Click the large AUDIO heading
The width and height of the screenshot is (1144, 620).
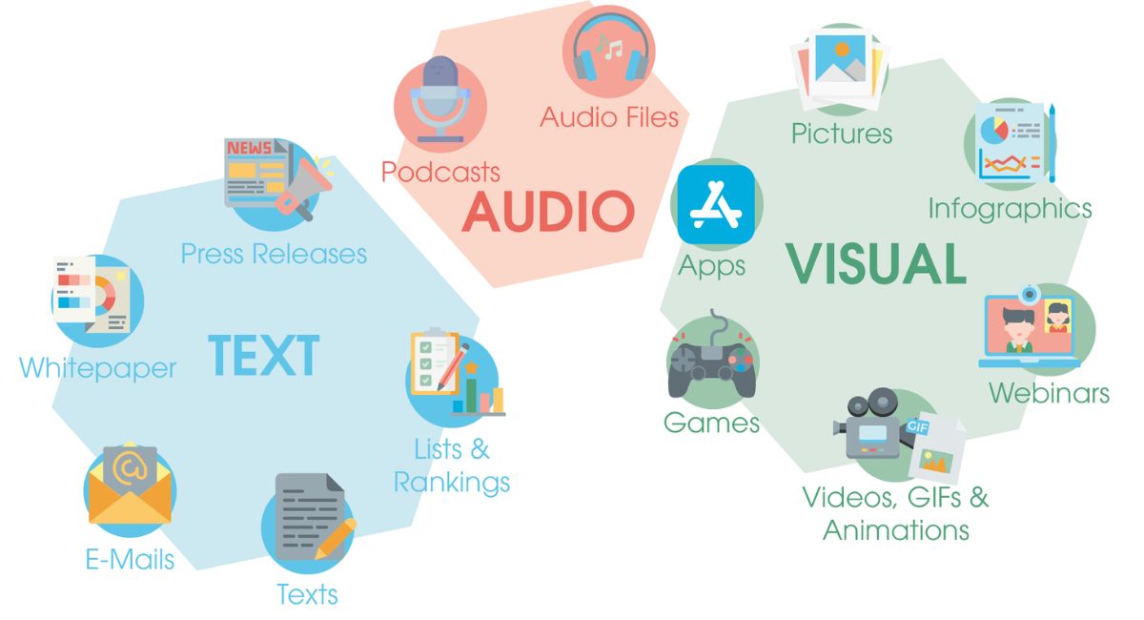[548, 212]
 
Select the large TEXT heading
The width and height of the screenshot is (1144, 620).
[264, 355]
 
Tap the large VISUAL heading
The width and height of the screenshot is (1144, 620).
[875, 264]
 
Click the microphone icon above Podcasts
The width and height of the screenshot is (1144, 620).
[439, 99]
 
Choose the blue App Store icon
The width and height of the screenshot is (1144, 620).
[716, 204]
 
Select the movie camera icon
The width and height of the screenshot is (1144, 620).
[868, 423]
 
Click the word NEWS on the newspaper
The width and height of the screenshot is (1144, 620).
[249, 148]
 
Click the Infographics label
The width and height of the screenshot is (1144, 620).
[1010, 210]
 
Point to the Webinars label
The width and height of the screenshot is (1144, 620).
[1049, 393]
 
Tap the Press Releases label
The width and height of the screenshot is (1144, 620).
[275, 254]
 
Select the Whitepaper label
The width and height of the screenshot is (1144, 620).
[97, 368]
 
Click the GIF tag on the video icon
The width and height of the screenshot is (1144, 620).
[917, 426]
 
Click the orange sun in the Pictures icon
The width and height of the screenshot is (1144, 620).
[842, 50]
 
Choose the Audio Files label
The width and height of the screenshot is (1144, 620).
[609, 117]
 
